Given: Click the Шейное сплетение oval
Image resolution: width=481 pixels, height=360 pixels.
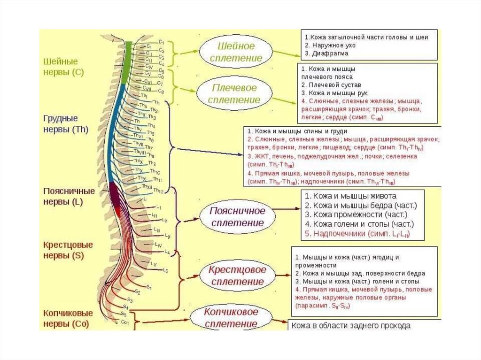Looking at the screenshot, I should click(x=236, y=52).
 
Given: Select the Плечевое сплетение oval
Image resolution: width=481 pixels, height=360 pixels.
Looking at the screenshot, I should click(x=235, y=94).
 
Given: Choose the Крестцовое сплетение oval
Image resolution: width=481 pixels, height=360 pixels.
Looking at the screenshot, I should click(x=237, y=276).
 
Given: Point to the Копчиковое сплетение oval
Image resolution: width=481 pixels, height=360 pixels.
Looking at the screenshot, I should click(x=231, y=318).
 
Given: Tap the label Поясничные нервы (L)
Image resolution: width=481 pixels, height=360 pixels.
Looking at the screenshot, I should click(x=69, y=197).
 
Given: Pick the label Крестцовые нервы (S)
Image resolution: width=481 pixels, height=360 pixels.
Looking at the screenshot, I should click(x=68, y=250).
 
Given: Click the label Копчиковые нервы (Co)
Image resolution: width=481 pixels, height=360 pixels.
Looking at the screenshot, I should click(x=68, y=318).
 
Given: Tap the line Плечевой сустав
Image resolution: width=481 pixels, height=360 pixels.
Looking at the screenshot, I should click(x=331, y=85).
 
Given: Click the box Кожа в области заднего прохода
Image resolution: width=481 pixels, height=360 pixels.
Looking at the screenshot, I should click(x=351, y=325).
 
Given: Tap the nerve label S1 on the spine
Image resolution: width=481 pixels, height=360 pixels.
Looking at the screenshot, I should click(x=148, y=287).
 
